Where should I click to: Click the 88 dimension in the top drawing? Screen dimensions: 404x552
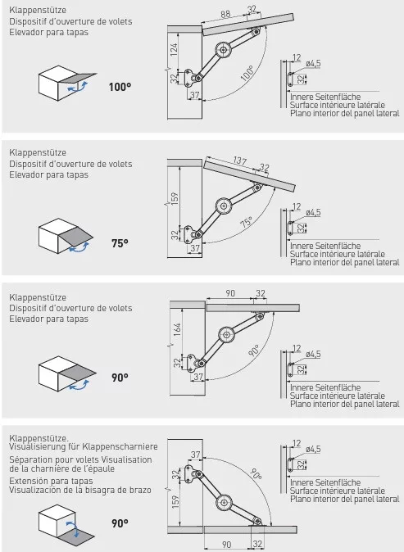(x=225, y=14)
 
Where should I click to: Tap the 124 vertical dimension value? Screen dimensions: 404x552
(x=174, y=50)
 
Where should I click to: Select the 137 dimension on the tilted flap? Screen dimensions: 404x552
(x=239, y=161)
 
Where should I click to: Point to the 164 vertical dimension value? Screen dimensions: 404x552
(x=177, y=329)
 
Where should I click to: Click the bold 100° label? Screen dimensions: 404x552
(x=120, y=87)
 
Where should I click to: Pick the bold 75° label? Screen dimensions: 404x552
(x=120, y=243)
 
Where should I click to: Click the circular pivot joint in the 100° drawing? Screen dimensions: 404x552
(x=224, y=50)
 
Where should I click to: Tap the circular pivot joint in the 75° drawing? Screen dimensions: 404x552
(x=224, y=206)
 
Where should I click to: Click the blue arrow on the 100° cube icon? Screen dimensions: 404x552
(x=78, y=87)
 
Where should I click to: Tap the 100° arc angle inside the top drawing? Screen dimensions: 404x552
(x=248, y=73)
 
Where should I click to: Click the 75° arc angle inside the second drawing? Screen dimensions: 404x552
(x=247, y=223)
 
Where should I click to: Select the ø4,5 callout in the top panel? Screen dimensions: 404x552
(x=313, y=63)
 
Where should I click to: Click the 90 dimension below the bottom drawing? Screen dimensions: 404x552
(x=226, y=545)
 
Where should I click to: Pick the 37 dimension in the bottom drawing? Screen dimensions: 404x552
(x=196, y=455)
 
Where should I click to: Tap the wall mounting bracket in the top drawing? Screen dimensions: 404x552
(x=190, y=78)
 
